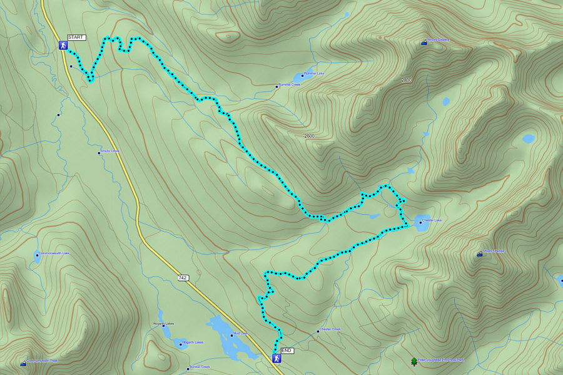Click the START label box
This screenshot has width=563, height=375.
click(76, 38)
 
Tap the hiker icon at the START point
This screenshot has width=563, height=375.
click(63, 46)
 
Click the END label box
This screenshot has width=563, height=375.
click(287, 351)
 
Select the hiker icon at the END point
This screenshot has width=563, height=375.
click(276, 359)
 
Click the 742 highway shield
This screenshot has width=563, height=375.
click(182, 277)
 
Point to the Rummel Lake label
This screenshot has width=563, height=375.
click(313, 74)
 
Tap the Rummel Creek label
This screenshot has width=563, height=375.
click(290, 85)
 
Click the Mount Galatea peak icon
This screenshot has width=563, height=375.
click(424, 43)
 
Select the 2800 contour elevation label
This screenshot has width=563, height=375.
click(407, 81)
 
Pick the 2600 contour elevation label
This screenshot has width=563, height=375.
click(309, 136)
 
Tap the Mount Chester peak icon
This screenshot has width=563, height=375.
click(480, 254)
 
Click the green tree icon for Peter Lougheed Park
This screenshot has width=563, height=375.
click(413, 361)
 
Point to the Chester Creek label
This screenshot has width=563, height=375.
click(330, 329)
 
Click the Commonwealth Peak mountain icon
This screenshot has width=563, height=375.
click(23, 362)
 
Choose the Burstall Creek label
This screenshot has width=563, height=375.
click(199, 367)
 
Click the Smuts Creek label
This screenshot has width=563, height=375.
click(111, 152)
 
